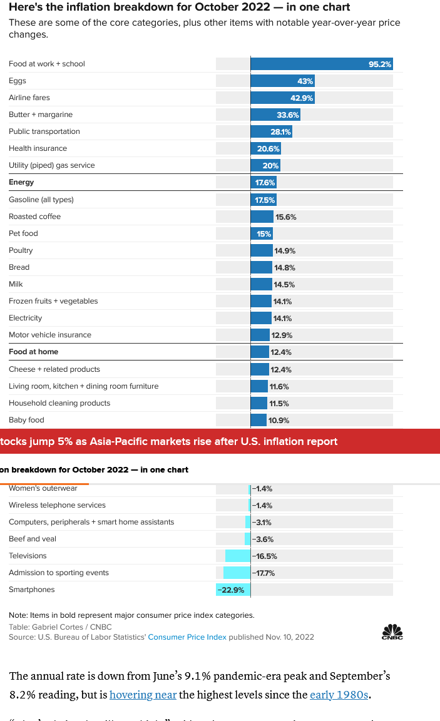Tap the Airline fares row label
click(29, 98)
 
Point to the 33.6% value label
click(288, 115)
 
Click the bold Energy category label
click(21, 182)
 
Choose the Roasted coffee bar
click(262, 217)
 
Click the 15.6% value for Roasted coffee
click(285, 217)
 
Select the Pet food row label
click(23, 233)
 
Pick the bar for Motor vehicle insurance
click(260, 335)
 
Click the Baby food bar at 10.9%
click(258, 420)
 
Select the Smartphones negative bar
click(233, 590)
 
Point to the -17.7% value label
click(264, 573)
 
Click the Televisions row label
click(28, 556)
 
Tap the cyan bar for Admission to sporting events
click(237, 573)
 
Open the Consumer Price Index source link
click(187, 637)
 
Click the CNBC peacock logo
click(392, 632)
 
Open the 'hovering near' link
click(143, 695)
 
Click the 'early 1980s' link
click(339, 695)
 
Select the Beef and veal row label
click(32, 539)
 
